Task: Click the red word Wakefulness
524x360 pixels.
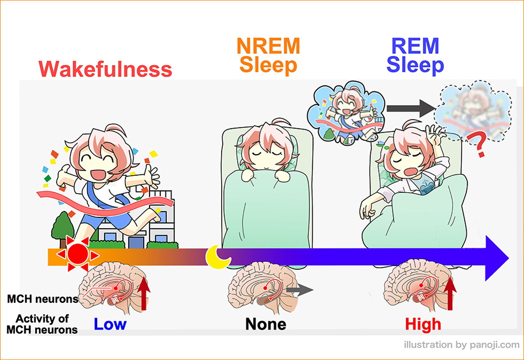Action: pyautogui.click(x=105, y=69)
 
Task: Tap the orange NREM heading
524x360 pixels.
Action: pyautogui.click(x=268, y=46)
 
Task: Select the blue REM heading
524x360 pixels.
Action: pyautogui.click(x=415, y=46)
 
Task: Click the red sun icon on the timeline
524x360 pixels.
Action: pyautogui.click(x=78, y=254)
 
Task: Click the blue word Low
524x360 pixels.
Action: pyautogui.click(x=110, y=324)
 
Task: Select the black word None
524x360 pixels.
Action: pyautogui.click(x=265, y=324)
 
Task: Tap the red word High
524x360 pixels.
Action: pyautogui.click(x=423, y=324)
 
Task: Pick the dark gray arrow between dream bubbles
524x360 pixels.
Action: pyautogui.click(x=411, y=108)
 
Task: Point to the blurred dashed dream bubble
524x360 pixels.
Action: pyautogui.click(x=473, y=110)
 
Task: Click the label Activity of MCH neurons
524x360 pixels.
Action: pyautogui.click(x=42, y=324)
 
